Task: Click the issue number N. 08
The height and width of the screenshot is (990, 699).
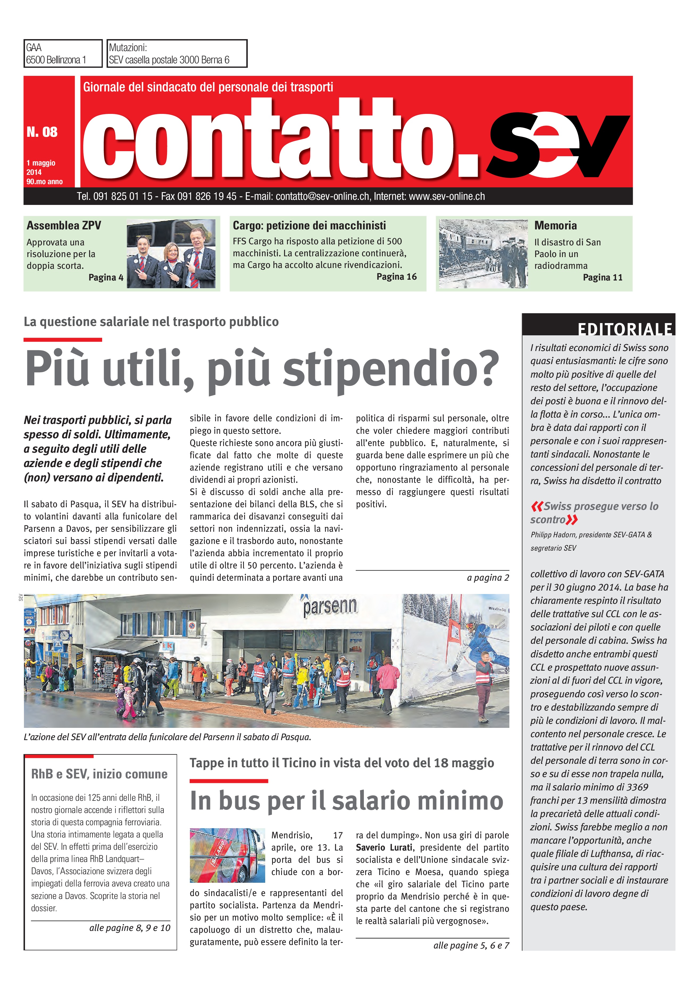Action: coord(42,132)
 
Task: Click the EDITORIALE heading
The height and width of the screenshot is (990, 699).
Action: coord(625,329)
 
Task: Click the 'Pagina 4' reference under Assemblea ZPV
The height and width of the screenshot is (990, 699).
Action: coord(106,277)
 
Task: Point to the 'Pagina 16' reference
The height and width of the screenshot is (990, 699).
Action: coord(397,277)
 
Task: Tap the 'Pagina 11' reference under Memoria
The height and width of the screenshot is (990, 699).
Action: coord(602,277)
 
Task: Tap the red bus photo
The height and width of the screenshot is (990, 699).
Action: coord(227,855)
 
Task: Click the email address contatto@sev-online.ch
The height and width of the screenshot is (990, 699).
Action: coord(322,197)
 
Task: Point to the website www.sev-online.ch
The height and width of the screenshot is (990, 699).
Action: coord(447,197)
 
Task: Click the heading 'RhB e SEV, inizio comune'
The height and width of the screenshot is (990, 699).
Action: coord(99,774)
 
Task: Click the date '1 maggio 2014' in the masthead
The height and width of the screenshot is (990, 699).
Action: coord(41,167)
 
